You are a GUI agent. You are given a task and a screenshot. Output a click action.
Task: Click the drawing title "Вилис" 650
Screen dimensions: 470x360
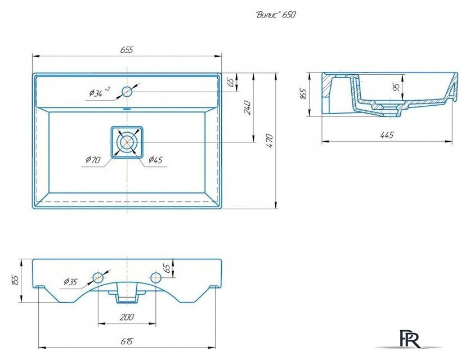(276, 15)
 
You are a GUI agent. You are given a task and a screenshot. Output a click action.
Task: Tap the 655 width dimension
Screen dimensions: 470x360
(127, 49)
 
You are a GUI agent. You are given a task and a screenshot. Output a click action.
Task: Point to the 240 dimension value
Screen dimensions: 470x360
(247, 107)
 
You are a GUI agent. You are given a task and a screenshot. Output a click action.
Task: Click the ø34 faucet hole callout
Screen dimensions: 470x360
(100, 93)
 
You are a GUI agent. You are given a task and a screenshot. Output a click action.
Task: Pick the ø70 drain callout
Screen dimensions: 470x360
(93, 160)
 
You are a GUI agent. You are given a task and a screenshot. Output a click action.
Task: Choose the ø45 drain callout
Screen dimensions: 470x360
(155, 160)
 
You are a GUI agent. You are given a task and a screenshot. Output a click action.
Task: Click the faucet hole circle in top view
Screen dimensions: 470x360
(127, 91)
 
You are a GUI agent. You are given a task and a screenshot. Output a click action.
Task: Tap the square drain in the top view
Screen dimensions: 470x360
(127, 142)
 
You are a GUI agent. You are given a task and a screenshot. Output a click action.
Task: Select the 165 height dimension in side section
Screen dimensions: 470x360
(303, 94)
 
